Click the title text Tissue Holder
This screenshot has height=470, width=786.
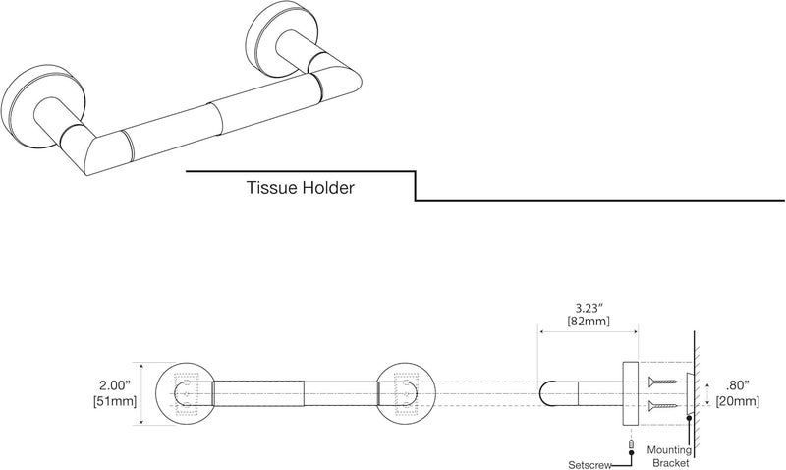coord(301,188)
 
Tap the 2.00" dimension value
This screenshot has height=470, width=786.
coord(115,385)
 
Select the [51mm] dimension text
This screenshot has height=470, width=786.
coord(115,401)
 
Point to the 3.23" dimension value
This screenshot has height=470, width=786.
coord(588,308)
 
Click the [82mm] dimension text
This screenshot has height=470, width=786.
coord(588,321)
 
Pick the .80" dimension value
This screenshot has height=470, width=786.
coord(738,385)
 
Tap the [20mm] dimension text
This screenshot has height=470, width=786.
coord(738,401)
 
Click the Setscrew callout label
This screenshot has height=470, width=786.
coord(589,465)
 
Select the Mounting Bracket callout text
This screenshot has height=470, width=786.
coord(669,456)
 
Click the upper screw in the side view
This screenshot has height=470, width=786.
coord(662,382)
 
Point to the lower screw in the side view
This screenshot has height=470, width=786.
coord(662,405)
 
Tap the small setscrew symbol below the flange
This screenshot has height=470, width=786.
coord(631,443)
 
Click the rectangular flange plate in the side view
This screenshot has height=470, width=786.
coord(631,393)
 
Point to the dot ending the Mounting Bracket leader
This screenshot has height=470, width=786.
coord(690,417)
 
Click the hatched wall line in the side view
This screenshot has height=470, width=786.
coord(695,393)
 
